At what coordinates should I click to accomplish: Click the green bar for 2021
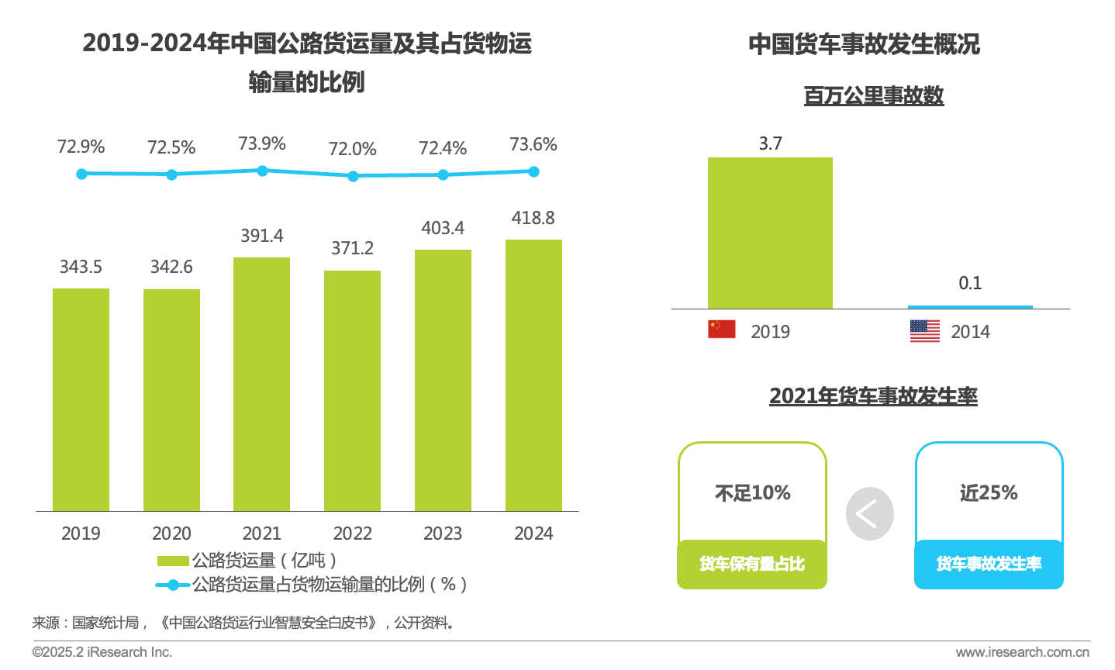coord(262,384)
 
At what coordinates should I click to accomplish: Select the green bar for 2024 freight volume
coord(533,375)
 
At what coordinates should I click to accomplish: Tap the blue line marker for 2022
coord(353,176)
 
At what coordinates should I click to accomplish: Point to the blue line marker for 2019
coord(81,174)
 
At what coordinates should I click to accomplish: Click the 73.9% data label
coord(262,143)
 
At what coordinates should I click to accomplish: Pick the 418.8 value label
coord(533,218)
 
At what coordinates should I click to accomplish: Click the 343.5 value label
coord(81,267)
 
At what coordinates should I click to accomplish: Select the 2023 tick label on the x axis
coord(443,534)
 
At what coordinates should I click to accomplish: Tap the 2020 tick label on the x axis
coord(171,534)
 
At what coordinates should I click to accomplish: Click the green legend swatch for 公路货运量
coord(173,561)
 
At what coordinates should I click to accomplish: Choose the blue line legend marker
coord(173,585)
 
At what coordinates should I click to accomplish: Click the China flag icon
coord(722,330)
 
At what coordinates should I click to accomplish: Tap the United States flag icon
coord(925,331)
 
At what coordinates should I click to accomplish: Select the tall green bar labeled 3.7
coord(770,233)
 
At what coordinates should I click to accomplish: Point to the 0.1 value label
coord(970,283)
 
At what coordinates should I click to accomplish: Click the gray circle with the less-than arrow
coord(870,513)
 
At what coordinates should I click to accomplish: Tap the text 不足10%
coord(753,493)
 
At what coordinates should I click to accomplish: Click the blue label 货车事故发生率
coord(989,564)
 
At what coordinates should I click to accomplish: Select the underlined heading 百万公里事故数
coord(874,95)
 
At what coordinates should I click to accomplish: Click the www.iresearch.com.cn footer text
coord(1023,652)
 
